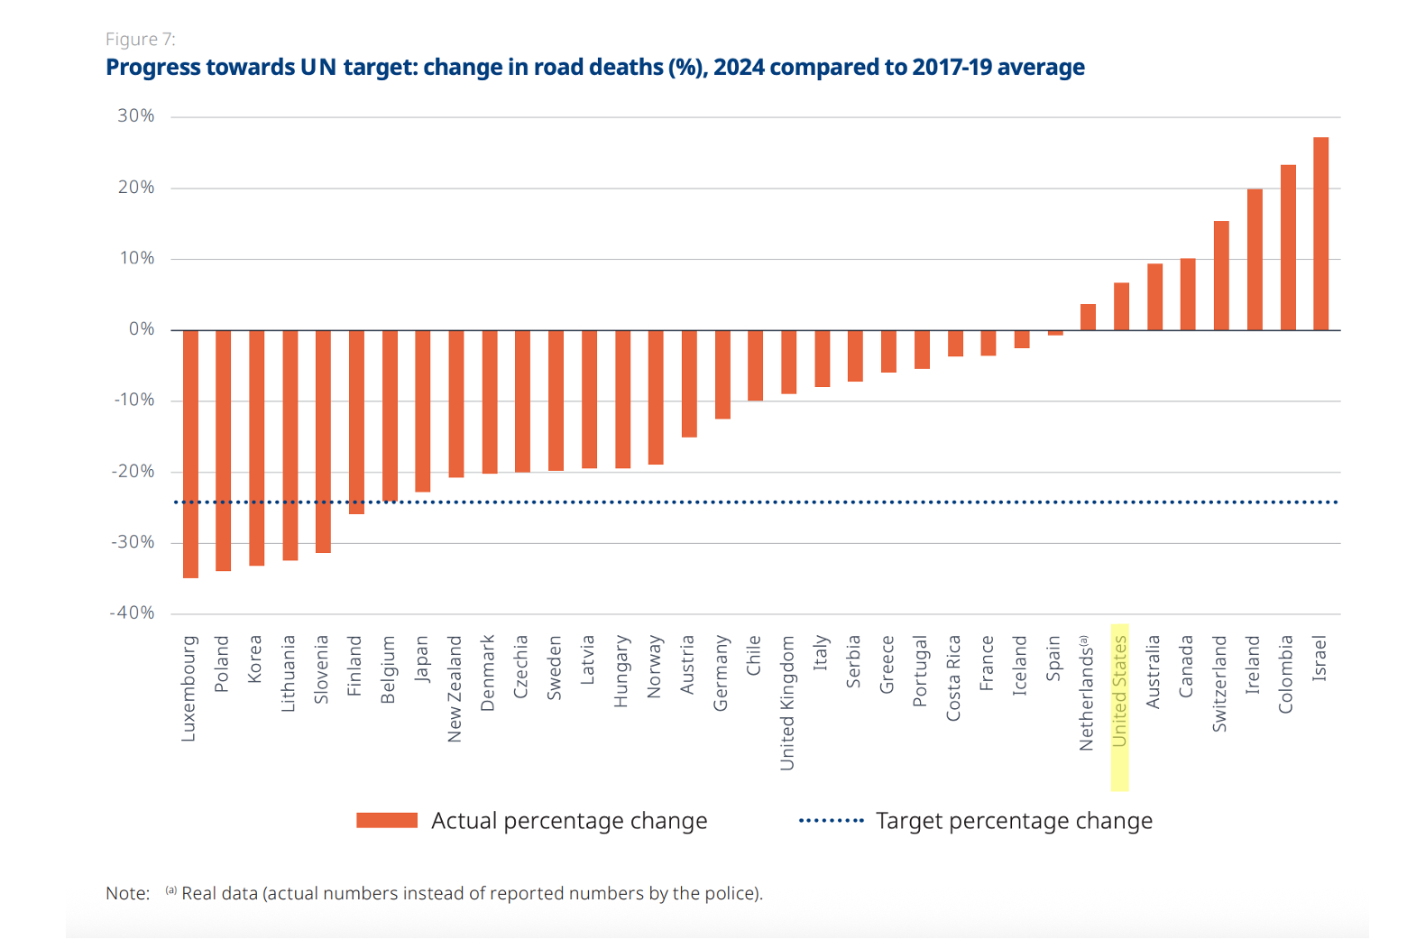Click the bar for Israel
pos(1320,234)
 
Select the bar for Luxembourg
pos(190,454)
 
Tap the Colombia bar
pos(1288,247)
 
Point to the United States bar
pos(1121,307)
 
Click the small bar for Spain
pos(1055,333)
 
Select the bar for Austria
pos(689,383)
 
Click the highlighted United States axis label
pos(1119,691)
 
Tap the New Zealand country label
pos(455,689)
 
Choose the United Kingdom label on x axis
pos(787,703)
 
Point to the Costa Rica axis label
pos(953,678)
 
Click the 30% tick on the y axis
pos(136,116)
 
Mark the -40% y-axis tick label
pos(133,613)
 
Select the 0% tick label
pos(142,329)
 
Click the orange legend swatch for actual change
pos(387,820)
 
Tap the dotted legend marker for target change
pos(831,820)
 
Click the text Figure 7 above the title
pos(141,40)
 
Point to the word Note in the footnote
pos(127,893)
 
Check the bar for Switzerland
pos(1221,275)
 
